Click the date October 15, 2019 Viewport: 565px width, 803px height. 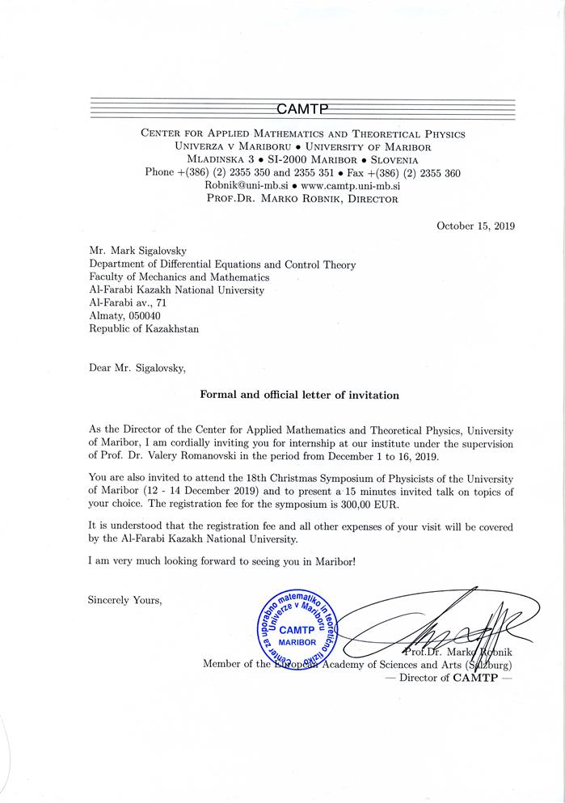475,226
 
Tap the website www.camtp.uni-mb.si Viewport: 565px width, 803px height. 350,185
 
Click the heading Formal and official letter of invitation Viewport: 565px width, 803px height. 299,395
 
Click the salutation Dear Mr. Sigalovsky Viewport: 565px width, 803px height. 137,368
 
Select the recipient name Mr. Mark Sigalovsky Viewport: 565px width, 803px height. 138,251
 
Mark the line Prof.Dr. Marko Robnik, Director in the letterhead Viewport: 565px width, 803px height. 302,198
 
